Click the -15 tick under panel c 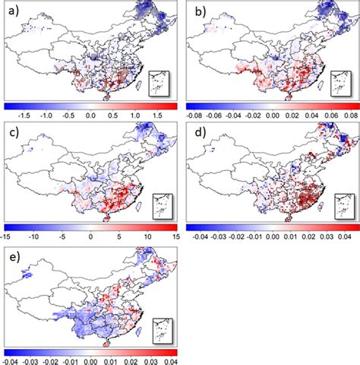[x=9, y=236]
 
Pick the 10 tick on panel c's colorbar [x=148, y=236]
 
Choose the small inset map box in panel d [x=342, y=202]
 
